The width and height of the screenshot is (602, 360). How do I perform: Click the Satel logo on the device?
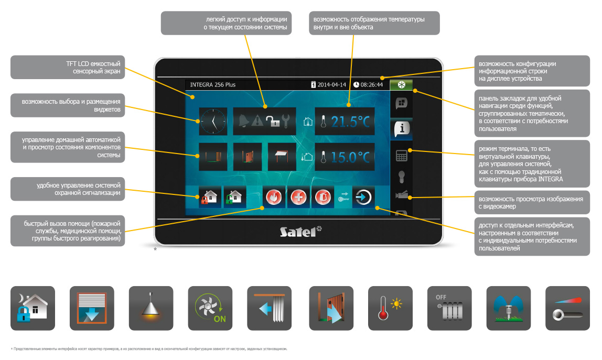click(x=299, y=231)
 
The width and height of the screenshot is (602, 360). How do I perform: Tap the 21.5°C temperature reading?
click(x=350, y=122)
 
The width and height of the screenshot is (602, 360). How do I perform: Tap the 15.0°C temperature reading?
click(x=350, y=157)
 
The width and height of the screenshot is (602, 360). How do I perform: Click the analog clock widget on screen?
click(x=213, y=122)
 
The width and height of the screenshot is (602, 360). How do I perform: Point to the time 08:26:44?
click(x=371, y=84)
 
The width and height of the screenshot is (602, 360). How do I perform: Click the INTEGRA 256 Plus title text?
click(x=213, y=84)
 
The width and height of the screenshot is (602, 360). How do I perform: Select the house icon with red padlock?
click(x=209, y=198)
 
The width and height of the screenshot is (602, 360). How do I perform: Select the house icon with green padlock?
click(x=234, y=198)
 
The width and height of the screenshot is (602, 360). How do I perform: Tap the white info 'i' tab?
click(x=402, y=128)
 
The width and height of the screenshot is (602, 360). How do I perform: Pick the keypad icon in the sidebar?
click(x=402, y=156)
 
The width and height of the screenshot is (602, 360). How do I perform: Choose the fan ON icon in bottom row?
click(x=210, y=308)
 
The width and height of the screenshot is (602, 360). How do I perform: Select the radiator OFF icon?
click(x=449, y=308)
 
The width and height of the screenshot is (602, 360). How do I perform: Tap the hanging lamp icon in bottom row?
click(x=150, y=308)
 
